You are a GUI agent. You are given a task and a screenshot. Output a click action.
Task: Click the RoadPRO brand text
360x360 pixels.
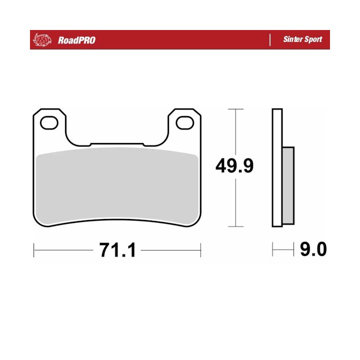(x=76, y=40)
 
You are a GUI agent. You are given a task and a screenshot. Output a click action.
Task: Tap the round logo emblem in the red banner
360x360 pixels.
(x=42, y=40)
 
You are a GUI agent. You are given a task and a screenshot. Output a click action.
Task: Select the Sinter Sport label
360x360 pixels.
(x=302, y=39)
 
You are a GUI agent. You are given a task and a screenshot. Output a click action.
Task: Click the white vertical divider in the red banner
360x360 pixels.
(x=270, y=40)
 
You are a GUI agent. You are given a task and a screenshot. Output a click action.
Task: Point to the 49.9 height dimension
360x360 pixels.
(x=234, y=166)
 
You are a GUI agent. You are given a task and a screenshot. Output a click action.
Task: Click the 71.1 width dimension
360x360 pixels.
(x=118, y=250)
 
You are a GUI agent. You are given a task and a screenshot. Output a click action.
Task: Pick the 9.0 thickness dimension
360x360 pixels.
(x=313, y=249)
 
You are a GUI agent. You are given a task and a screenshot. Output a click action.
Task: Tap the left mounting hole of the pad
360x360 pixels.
(x=49, y=123)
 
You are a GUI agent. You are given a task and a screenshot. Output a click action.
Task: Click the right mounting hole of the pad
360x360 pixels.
(x=185, y=123)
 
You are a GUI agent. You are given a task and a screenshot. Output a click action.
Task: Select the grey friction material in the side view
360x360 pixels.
(x=288, y=185)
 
